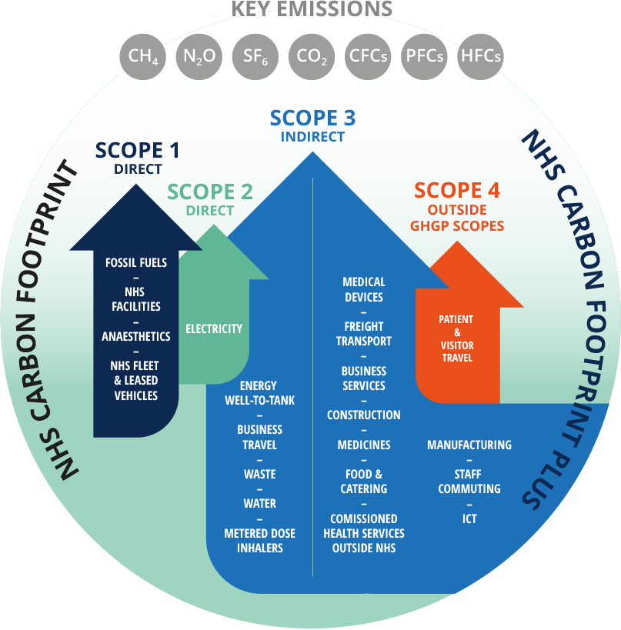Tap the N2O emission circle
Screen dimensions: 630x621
tap(199, 56)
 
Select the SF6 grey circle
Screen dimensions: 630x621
tap(255, 56)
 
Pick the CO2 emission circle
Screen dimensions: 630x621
tap(312, 56)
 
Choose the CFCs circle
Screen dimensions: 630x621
tap(368, 56)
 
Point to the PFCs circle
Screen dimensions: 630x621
tap(424, 56)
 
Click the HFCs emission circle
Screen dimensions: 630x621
tap(480, 56)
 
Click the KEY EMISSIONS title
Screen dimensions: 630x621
tap(312, 10)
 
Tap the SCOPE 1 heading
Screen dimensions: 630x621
tap(139, 150)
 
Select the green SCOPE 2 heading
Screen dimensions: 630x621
tap(210, 192)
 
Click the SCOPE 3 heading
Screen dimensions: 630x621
tap(312, 118)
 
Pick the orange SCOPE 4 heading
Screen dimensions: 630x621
tap(457, 190)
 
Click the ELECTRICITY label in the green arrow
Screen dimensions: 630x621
tap(214, 329)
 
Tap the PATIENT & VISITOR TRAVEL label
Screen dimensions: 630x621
tap(456, 338)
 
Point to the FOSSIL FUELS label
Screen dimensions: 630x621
tap(136, 263)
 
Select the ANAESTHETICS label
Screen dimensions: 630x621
tap(136, 336)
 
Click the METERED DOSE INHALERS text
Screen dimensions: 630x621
tap(259, 541)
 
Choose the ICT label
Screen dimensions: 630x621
tap(469, 518)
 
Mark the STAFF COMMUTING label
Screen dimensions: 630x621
tap(469, 482)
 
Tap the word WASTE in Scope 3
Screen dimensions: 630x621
tap(259, 475)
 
